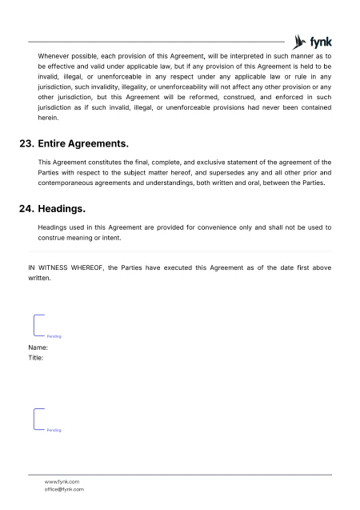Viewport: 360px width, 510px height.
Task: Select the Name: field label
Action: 38,347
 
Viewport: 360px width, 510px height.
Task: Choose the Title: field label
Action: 36,358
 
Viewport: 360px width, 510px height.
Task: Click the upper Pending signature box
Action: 46,326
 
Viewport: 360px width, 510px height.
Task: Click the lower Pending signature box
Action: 46,420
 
